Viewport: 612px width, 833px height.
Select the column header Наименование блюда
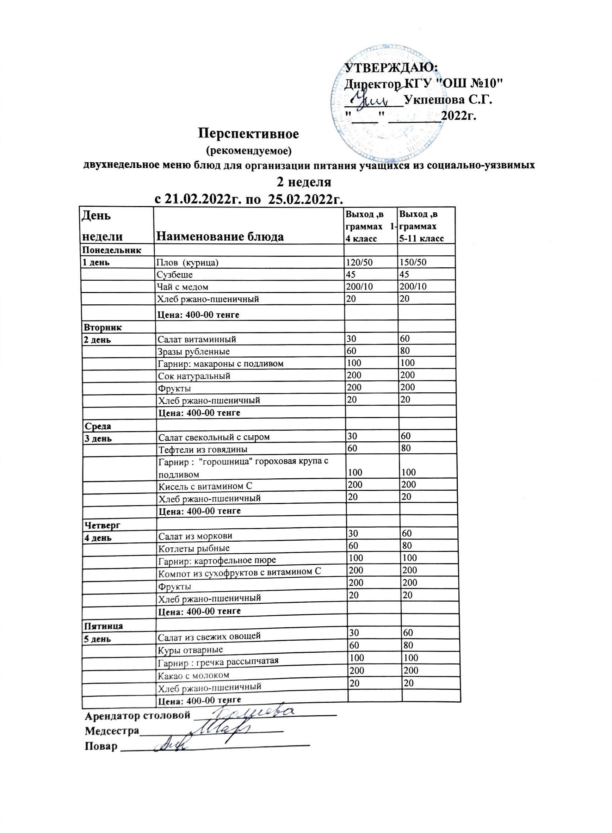point(221,236)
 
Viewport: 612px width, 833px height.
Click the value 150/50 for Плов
point(412,263)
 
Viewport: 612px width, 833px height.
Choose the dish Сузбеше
point(175,275)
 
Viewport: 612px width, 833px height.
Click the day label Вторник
point(103,328)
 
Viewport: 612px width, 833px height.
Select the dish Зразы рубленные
point(194,352)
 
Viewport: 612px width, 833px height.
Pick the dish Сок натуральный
point(194,376)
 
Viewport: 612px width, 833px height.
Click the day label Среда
point(98,426)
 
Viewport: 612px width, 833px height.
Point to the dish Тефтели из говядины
point(203,450)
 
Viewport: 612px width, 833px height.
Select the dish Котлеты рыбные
point(194,548)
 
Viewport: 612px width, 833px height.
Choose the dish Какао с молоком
point(194,675)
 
